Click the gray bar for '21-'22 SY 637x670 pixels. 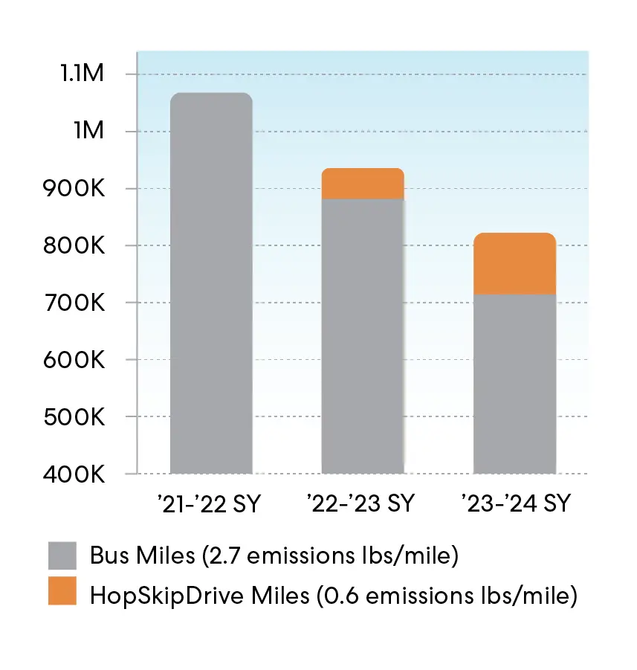211,283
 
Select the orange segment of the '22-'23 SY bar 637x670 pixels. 362,184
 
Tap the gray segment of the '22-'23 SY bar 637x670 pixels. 362,335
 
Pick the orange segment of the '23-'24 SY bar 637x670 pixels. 514,264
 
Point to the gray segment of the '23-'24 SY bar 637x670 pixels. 514,383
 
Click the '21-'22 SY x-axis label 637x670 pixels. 209,503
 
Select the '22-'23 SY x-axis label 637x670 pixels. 360,503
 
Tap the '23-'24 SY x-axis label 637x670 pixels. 514,503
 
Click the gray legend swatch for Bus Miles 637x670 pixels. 62,555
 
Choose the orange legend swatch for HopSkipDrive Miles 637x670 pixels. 62,593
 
